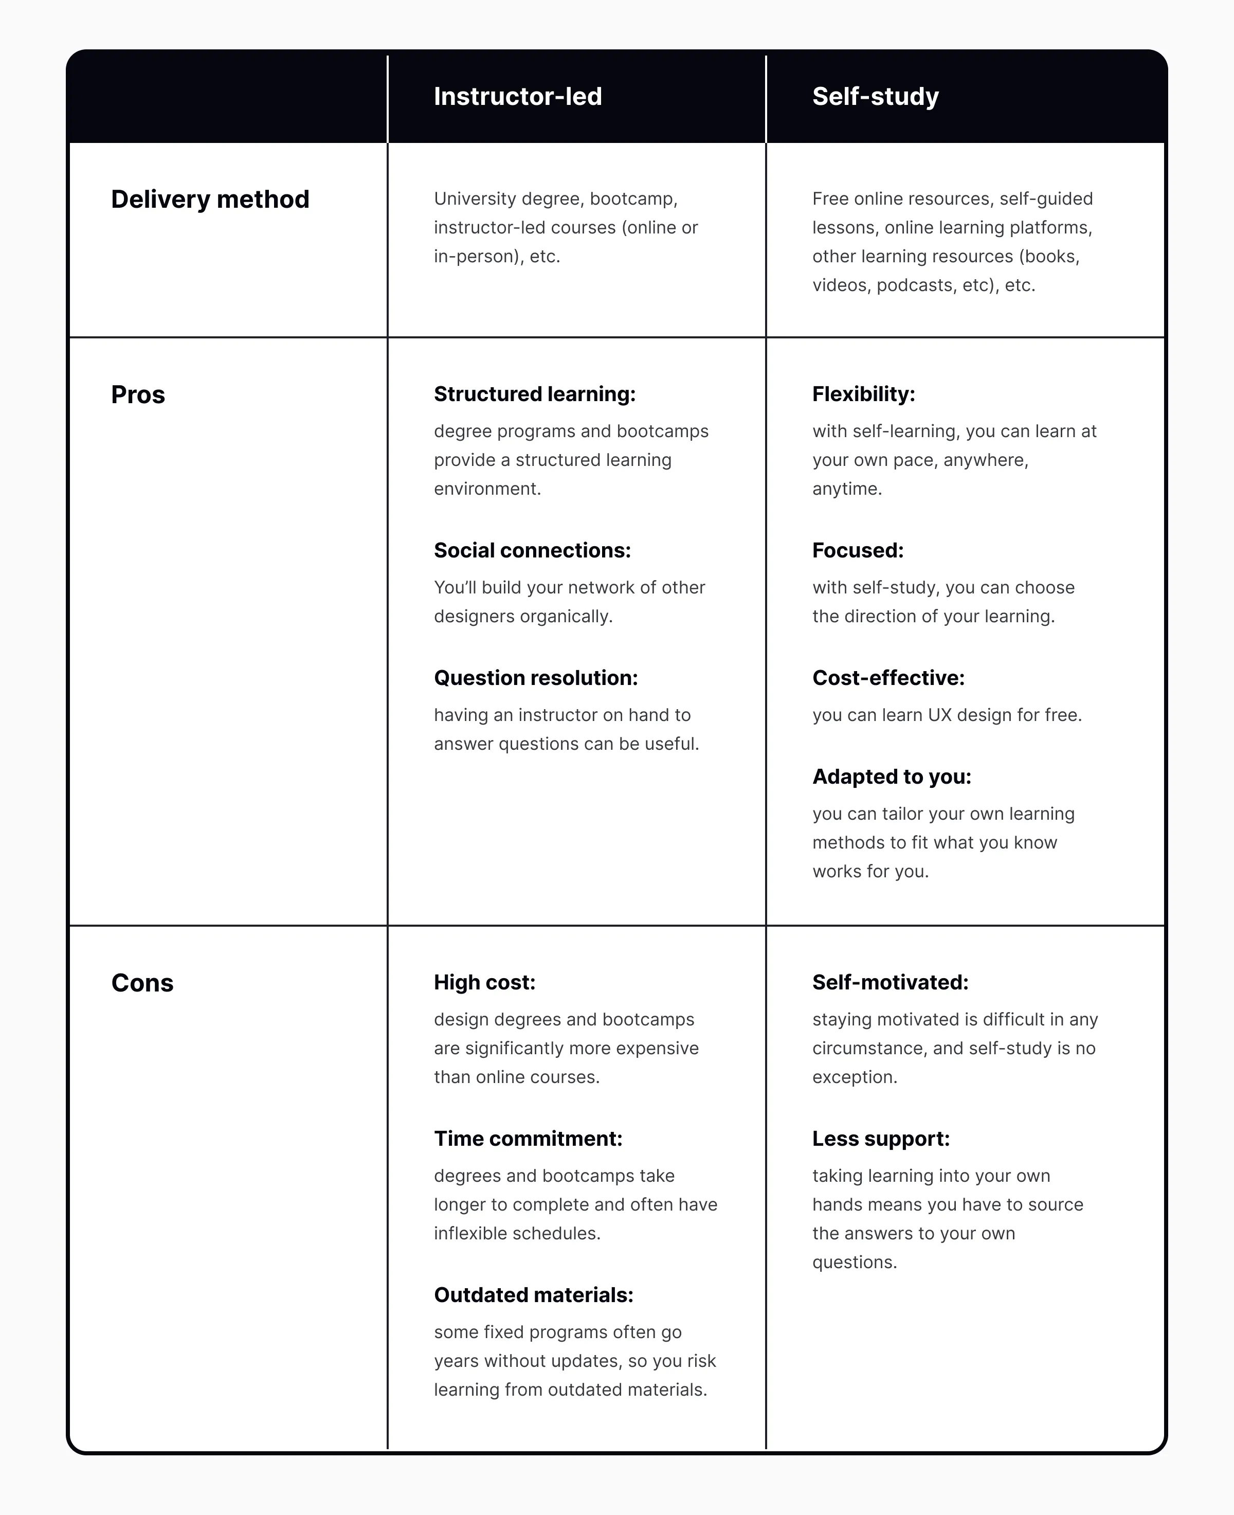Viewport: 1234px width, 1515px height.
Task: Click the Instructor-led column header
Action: click(x=517, y=97)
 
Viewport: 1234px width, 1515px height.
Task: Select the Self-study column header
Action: click(x=875, y=97)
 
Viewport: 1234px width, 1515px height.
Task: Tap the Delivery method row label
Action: click(x=210, y=199)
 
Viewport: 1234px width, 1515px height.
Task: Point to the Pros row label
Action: click(x=138, y=394)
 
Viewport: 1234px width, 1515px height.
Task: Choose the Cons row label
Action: click(x=142, y=983)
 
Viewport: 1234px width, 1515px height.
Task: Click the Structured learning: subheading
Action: click(x=535, y=394)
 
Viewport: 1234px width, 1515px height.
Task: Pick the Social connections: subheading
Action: click(x=532, y=550)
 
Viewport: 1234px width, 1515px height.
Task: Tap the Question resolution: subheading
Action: click(x=536, y=677)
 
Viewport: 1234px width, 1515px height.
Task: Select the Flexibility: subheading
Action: click(x=864, y=394)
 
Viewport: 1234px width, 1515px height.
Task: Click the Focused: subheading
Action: click(x=858, y=550)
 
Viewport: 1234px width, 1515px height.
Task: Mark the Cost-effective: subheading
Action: click(x=888, y=677)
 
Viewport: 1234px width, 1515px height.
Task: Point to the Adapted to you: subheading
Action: click(x=892, y=777)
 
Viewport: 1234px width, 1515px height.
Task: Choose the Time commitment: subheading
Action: click(x=528, y=1138)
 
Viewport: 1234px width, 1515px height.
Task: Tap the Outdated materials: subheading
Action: click(x=534, y=1294)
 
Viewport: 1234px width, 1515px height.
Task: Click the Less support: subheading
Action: click(x=881, y=1138)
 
